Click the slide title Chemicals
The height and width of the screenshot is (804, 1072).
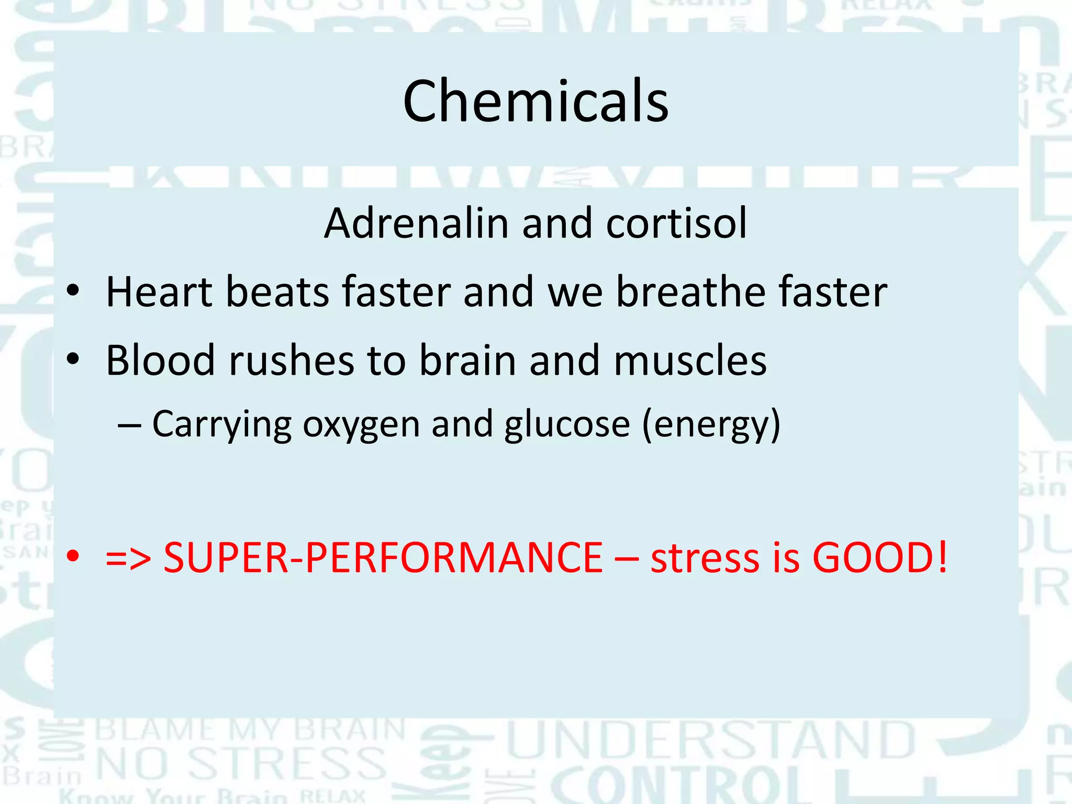[535, 101]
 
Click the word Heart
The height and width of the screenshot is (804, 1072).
[159, 292]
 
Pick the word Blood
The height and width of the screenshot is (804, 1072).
[160, 360]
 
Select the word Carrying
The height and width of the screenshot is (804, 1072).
[221, 425]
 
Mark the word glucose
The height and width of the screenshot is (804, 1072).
[567, 425]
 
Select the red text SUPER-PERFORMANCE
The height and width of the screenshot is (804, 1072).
[383, 557]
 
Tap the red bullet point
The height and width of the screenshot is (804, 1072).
[73, 556]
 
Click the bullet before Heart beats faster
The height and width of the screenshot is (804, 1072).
[73, 291]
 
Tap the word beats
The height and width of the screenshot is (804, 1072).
[277, 292]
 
